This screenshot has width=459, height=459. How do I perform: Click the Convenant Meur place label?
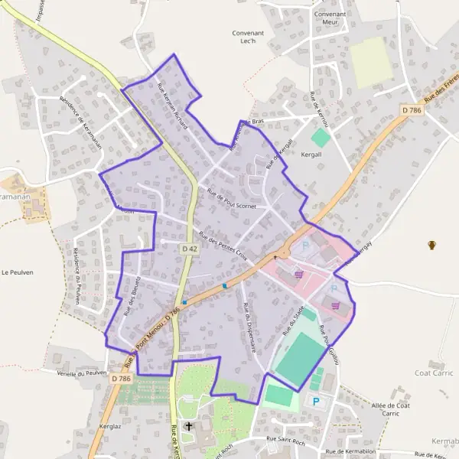[330, 18]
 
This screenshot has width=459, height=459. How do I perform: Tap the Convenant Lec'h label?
[248, 38]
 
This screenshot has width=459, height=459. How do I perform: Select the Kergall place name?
[314, 154]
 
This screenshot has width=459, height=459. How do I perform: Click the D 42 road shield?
[190, 249]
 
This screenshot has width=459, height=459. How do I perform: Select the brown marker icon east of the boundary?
[432, 245]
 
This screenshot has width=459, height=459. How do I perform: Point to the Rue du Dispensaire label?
[249, 327]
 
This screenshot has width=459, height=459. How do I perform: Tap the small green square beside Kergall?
[320, 138]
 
